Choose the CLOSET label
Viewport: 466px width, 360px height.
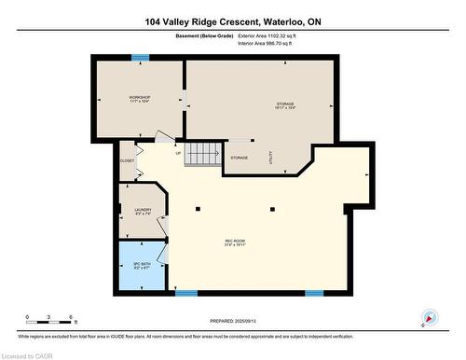click(128, 160)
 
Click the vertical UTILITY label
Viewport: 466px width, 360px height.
click(271, 159)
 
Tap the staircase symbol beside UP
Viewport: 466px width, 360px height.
click(201, 154)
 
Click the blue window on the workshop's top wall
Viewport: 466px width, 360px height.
click(140, 58)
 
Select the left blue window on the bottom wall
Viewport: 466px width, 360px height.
click(186, 293)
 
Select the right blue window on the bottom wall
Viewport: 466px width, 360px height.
click(314, 293)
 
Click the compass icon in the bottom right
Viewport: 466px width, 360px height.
click(430, 317)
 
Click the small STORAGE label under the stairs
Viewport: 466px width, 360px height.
click(240, 159)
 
